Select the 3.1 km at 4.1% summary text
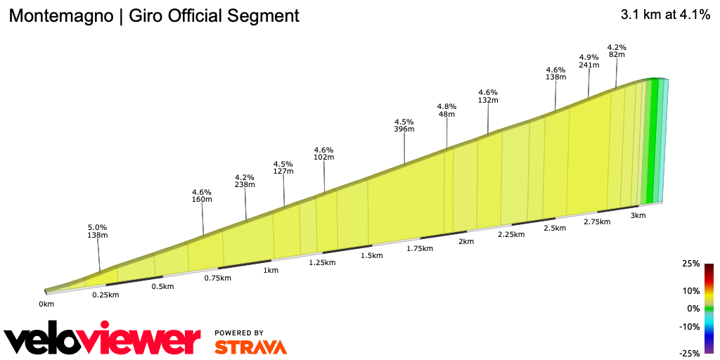point(665,15)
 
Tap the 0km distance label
point(46,304)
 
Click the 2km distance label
point(466,241)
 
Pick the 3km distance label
point(638,216)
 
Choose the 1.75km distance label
point(419,248)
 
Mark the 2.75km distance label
point(596,221)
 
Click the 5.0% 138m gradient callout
point(97,231)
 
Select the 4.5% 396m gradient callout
point(404,124)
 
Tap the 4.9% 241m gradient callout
point(589,60)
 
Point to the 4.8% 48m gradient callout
point(446,110)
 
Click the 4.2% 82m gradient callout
point(617,51)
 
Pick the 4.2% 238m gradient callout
point(245,181)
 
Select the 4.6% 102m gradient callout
point(323,153)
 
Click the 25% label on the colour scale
point(690,264)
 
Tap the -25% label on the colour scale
point(690,354)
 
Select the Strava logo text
point(250,347)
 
